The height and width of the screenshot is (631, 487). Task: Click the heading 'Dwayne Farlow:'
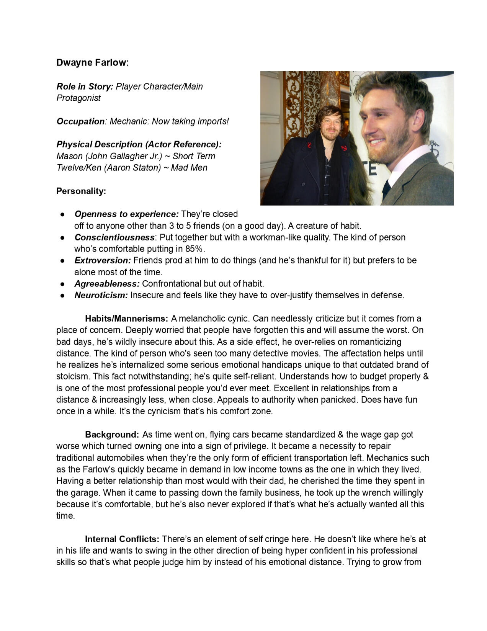point(92,63)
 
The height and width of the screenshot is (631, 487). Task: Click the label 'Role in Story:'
point(85,87)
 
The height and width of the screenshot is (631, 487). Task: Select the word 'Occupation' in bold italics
point(80,121)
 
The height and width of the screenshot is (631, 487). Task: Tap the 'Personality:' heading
point(81,191)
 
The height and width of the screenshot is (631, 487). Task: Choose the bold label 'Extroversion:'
point(103,260)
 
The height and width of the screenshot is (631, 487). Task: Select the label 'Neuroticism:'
point(101,295)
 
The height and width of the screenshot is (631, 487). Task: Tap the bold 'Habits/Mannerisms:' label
point(126,319)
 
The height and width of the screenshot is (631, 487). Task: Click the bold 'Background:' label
point(112,435)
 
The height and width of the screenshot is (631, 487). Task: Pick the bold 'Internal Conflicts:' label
point(122,539)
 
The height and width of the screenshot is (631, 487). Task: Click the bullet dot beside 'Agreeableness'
point(62,284)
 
